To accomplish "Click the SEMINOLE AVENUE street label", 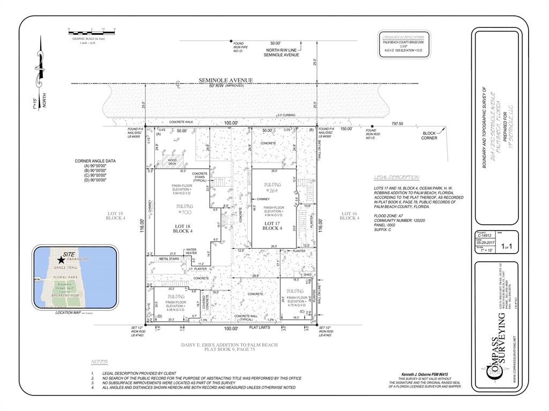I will [226, 80].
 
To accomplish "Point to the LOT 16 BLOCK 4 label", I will [349, 216].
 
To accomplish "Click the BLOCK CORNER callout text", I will [429, 135].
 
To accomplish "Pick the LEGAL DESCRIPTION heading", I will [397, 178].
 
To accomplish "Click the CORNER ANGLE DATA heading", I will [96, 161].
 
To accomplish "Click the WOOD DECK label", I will [173, 161].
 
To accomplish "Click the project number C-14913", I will [484, 234].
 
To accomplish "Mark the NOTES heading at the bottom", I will [99, 362].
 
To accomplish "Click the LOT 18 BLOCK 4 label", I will [183, 229].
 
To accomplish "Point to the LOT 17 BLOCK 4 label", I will [272, 225].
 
